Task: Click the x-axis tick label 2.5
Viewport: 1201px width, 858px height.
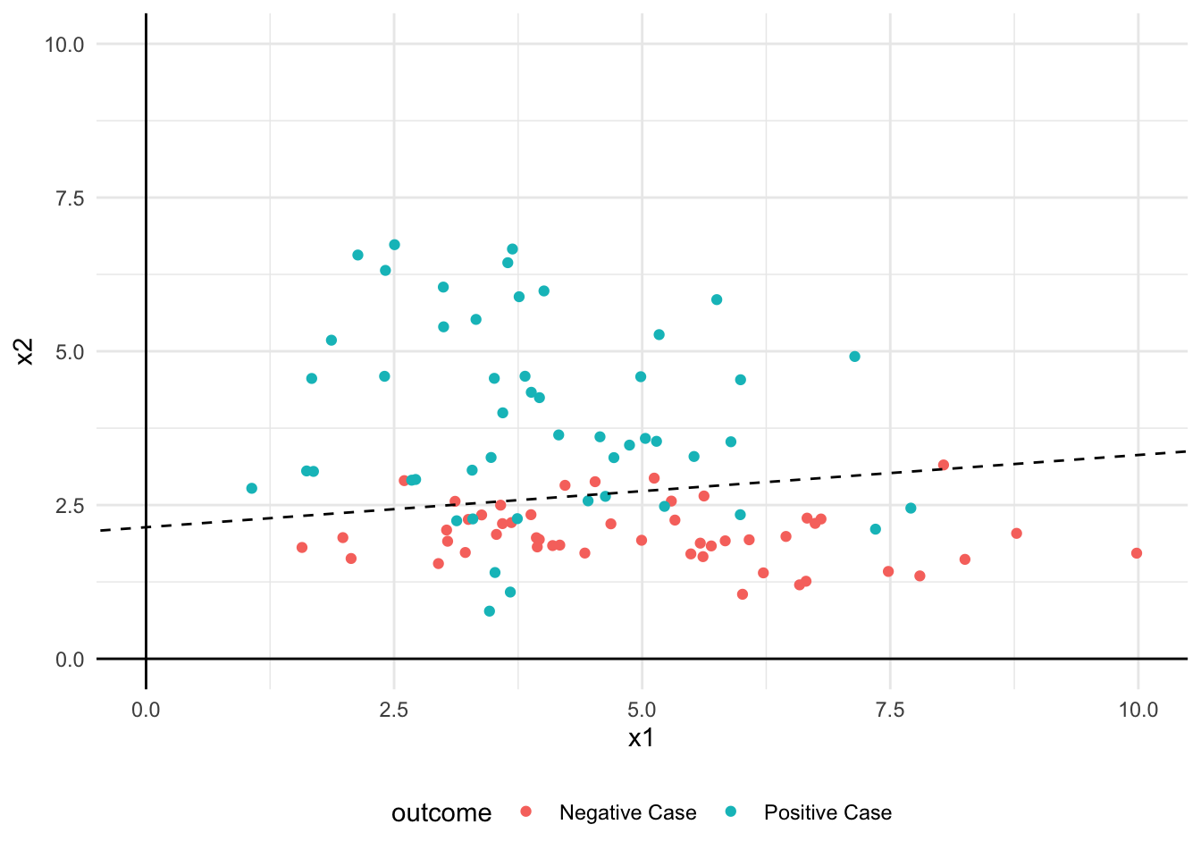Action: point(393,711)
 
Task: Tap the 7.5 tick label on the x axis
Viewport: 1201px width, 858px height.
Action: point(890,711)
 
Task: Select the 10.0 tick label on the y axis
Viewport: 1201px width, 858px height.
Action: point(64,45)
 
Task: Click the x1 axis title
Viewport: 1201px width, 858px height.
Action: point(642,738)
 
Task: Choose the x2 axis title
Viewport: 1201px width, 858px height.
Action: point(25,351)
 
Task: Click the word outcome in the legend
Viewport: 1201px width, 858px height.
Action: point(441,813)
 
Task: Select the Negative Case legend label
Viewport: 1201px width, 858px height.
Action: point(627,813)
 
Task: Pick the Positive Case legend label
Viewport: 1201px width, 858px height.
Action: point(827,813)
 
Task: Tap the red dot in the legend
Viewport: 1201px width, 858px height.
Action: point(526,812)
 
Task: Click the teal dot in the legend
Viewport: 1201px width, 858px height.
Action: point(731,812)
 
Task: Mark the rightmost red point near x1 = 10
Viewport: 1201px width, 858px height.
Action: point(1137,553)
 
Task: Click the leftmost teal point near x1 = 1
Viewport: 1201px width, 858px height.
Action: point(252,488)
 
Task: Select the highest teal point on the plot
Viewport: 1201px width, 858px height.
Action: point(394,245)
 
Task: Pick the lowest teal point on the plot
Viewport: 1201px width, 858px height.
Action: point(490,611)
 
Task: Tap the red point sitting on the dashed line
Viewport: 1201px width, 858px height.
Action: point(944,465)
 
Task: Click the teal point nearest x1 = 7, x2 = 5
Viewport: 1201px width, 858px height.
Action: point(854,357)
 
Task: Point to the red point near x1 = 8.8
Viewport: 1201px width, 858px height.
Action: point(1016,534)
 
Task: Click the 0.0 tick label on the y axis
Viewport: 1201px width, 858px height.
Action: point(70,660)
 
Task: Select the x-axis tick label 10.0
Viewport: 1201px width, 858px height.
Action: point(1138,711)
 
